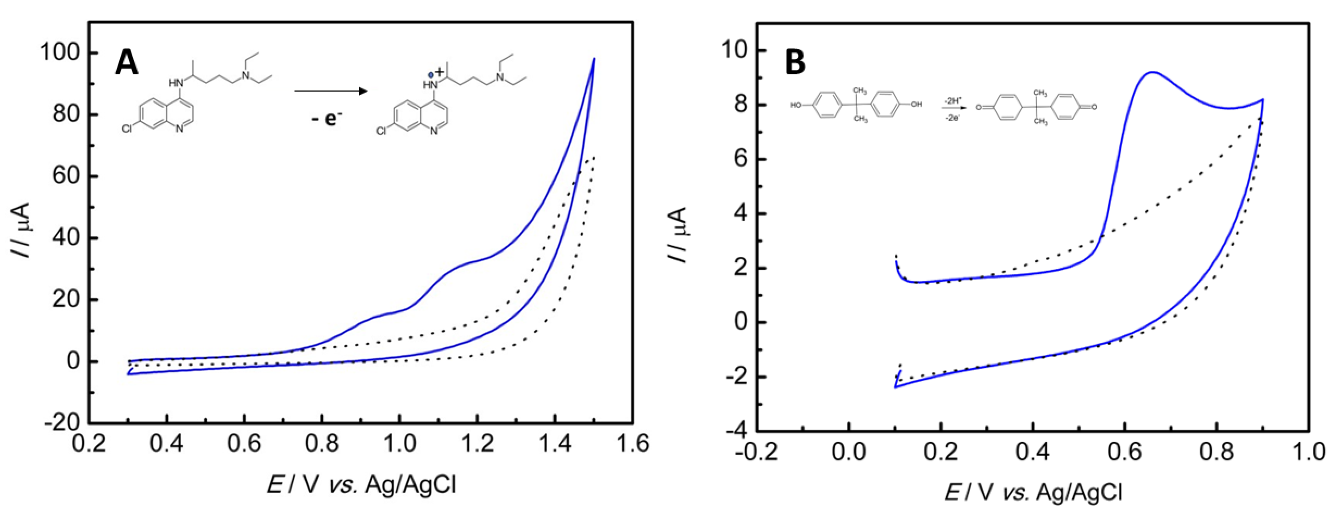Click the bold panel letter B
795,62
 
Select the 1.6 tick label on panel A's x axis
633,444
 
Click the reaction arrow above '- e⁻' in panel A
331,91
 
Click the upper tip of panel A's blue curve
594,59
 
